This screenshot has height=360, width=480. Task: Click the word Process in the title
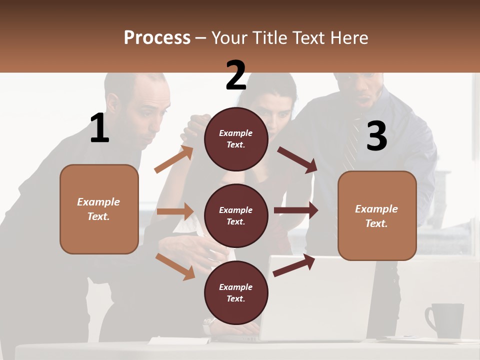pyautogui.click(x=157, y=37)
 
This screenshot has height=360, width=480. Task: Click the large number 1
pyautogui.click(x=99, y=128)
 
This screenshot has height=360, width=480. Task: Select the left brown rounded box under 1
pyautogui.click(x=99, y=209)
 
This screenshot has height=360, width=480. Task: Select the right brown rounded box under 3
pyautogui.click(x=377, y=215)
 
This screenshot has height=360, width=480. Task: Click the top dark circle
pyautogui.click(x=236, y=139)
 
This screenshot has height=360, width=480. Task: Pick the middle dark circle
pyautogui.click(x=236, y=215)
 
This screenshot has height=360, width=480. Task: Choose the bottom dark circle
pyautogui.click(x=236, y=292)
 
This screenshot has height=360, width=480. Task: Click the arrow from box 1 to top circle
pyautogui.click(x=173, y=159)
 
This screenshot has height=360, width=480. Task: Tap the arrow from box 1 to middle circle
pyautogui.click(x=175, y=211)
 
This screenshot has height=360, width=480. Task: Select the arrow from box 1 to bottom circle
pyautogui.click(x=175, y=266)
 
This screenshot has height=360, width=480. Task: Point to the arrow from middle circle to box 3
pyautogui.click(x=296, y=210)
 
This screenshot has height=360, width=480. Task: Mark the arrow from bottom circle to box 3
pyautogui.click(x=294, y=265)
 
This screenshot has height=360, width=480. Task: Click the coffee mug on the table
pyautogui.click(x=446, y=320)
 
